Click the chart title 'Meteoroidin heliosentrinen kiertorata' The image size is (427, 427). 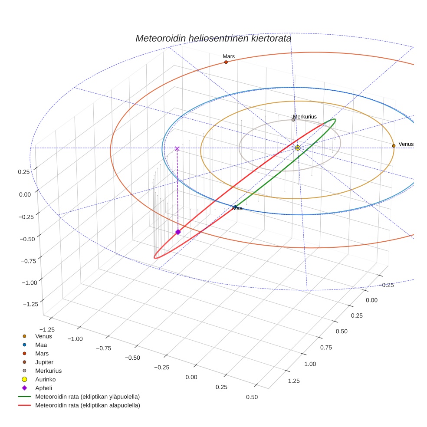click(x=213, y=38)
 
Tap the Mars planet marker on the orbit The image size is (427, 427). click(x=226, y=62)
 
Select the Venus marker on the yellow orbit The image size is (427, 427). click(x=393, y=146)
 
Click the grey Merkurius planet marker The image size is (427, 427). click(x=293, y=120)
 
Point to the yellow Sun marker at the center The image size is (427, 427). click(x=298, y=148)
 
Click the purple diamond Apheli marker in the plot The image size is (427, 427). click(x=177, y=232)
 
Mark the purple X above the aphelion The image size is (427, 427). click(x=177, y=148)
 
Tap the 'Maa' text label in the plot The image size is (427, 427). click(x=237, y=208)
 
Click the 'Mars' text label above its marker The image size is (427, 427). click(x=229, y=56)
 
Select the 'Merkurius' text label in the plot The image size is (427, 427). click(x=305, y=117)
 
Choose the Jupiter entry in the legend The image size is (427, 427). click(x=44, y=362)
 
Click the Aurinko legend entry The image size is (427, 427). click(x=45, y=379)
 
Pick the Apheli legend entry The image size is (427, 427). click(x=43, y=388)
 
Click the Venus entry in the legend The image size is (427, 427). click(x=43, y=336)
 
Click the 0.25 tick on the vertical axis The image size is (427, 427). click(x=24, y=171)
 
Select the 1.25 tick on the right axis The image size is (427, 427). click(x=293, y=381)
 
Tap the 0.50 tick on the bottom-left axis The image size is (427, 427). click(x=252, y=397)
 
